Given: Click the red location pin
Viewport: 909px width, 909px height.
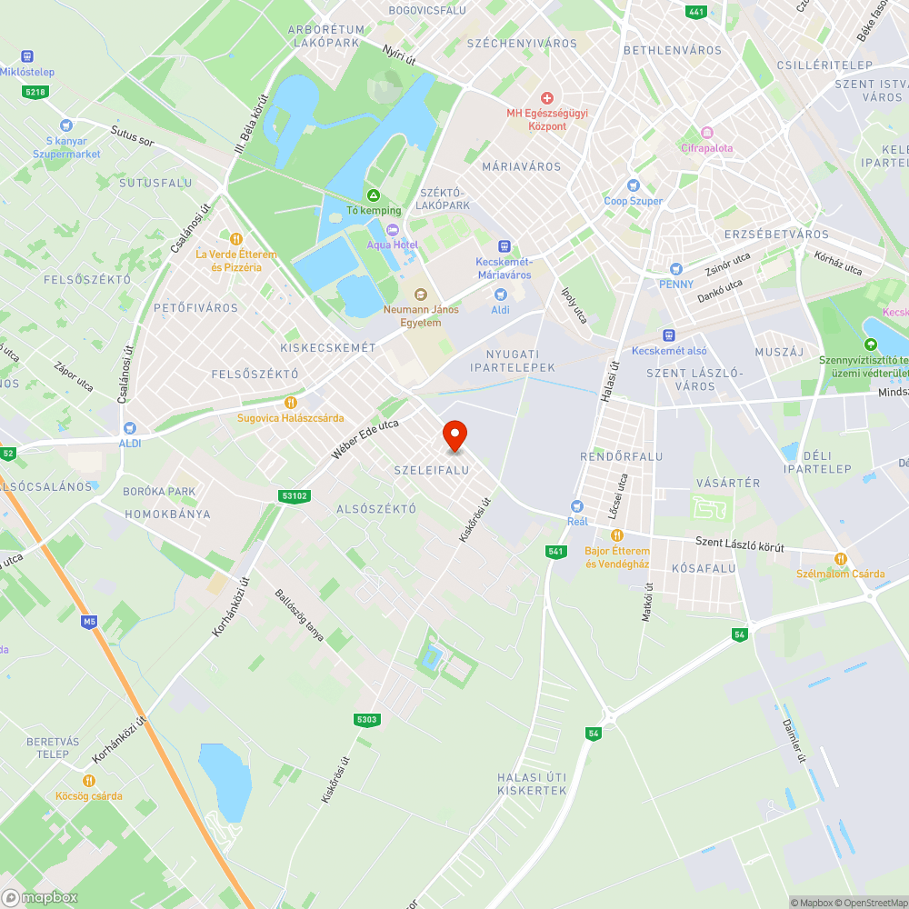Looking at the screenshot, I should (x=454, y=435).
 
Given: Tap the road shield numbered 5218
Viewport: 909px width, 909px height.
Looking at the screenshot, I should (x=35, y=92).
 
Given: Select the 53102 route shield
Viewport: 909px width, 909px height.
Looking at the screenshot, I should (x=295, y=495).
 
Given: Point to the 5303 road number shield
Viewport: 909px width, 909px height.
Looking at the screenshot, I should (x=366, y=720).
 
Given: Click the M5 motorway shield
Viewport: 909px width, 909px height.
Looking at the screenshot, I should (x=88, y=622).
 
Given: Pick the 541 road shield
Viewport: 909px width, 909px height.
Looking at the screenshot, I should (x=556, y=552).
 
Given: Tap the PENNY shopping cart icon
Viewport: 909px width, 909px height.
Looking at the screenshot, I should (x=675, y=269).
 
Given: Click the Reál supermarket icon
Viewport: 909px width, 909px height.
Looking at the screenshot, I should (x=576, y=506).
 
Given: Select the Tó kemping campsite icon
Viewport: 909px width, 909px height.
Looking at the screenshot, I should (x=373, y=195).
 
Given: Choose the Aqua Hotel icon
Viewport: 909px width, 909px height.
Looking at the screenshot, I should (x=393, y=229).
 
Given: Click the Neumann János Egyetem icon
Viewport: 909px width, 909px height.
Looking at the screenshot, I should (x=420, y=295).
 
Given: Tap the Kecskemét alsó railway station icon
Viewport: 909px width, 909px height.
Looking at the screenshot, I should (x=669, y=335).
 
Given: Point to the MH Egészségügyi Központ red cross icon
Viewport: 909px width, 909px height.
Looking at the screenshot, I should (x=547, y=97).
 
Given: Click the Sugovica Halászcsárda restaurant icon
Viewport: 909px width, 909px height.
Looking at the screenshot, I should (x=291, y=403).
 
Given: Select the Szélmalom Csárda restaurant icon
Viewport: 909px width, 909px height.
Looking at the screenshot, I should (x=840, y=558).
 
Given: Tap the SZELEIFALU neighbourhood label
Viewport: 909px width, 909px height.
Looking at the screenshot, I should (x=432, y=470).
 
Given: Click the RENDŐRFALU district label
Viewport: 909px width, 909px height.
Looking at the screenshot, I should (x=622, y=456).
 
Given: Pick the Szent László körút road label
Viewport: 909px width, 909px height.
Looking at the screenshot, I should (x=739, y=544).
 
